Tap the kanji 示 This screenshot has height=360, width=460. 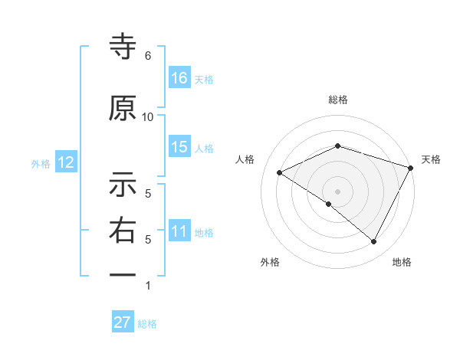[123, 185]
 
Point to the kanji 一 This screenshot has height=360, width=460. [123, 274]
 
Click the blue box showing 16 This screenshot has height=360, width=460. [179, 77]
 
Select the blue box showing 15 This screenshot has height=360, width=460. [179, 147]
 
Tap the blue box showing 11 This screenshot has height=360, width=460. [179, 231]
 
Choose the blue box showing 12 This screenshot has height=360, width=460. [64, 162]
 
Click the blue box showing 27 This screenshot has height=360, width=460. [123, 322]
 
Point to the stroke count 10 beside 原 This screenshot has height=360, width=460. [148, 116]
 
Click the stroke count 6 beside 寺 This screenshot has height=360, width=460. [148, 56]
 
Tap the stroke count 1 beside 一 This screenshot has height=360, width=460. [148, 286]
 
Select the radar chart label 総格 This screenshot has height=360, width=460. [337, 100]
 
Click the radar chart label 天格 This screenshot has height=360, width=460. [431, 159]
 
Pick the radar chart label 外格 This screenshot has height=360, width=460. [270, 262]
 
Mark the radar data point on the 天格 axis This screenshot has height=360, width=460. [411, 167]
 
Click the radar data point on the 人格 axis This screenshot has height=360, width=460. [280, 172]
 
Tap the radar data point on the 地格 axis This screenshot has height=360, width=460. [373, 241]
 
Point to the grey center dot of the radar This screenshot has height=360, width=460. [337, 191]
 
